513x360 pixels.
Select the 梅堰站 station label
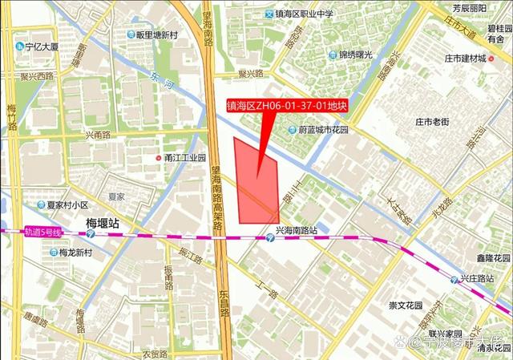[102, 223]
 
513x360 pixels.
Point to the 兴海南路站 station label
[291, 231]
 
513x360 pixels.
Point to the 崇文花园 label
[406, 305]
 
